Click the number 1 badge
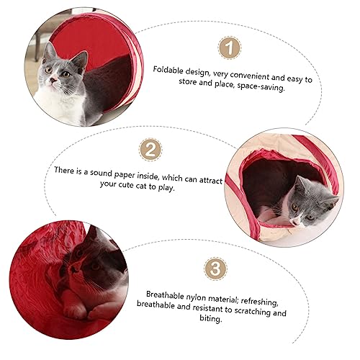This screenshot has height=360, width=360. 230,48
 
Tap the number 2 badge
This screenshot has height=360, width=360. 150,150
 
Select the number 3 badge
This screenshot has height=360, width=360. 215,269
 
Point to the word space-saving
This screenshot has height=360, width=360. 261,87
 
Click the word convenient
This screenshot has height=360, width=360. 250,76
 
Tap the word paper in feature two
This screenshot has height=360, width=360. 124,175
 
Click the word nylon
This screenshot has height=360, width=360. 196,297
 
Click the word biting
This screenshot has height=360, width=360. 211,318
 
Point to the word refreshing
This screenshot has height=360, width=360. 259,302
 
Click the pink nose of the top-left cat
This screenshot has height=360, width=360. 53,80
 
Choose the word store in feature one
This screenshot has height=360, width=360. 187,81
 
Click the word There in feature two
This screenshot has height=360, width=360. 64,170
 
